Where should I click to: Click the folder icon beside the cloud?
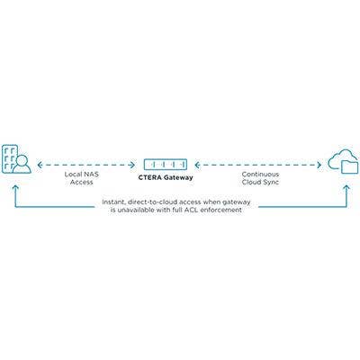tap(350, 166)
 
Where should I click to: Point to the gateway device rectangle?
tap(166, 165)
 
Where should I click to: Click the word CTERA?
tap(148, 177)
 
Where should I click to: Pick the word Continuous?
tap(260, 175)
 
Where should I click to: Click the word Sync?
tap(272, 182)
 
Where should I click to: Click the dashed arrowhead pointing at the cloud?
tap(319, 165)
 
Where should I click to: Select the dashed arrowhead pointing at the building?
tap(40, 165)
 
